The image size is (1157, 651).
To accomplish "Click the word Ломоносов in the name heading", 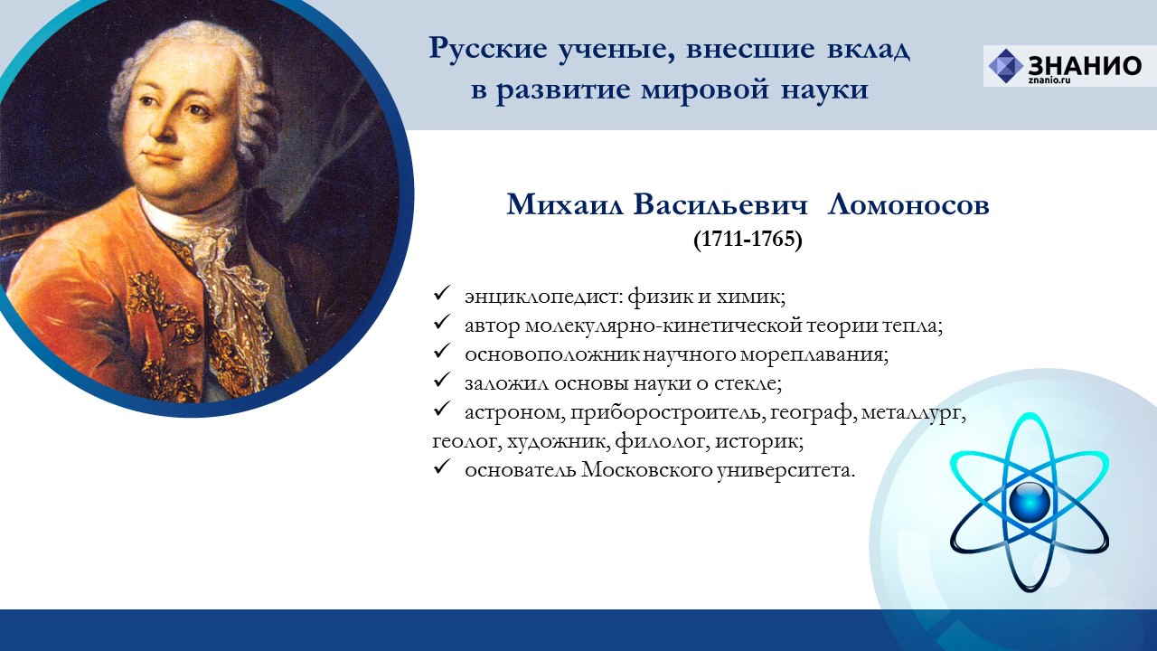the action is click(x=908, y=204).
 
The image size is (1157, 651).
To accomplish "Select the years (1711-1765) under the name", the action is click(x=748, y=239).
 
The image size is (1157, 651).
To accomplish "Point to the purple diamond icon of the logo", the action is click(x=1006, y=66).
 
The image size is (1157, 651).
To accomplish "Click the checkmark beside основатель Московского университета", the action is click(x=442, y=467).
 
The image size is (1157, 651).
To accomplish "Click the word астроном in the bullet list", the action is click(x=512, y=413).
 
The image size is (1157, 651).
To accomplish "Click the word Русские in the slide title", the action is click(x=488, y=49).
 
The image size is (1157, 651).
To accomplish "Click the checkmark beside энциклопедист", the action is click(x=442, y=294).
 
